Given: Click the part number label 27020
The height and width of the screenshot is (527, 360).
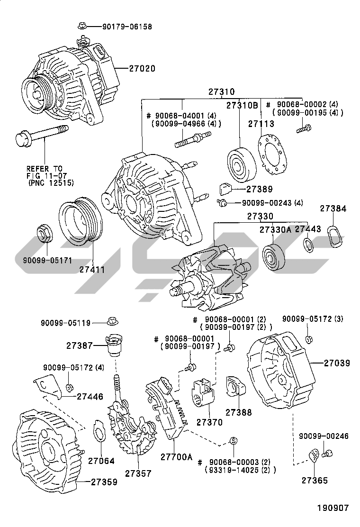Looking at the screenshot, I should click(x=142, y=68).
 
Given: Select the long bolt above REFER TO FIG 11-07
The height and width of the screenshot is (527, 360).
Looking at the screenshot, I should click(x=42, y=135).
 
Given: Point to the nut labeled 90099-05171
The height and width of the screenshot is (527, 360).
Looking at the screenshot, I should click(x=45, y=234).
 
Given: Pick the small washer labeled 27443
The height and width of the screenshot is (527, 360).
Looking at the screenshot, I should click(x=308, y=245).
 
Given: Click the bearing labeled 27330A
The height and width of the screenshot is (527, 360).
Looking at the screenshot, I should click(x=274, y=259).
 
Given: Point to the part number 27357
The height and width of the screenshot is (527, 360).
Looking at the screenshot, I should click(x=138, y=473).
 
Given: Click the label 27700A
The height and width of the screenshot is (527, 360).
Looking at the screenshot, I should click(x=176, y=457).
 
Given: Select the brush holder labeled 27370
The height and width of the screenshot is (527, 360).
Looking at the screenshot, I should click(x=204, y=393).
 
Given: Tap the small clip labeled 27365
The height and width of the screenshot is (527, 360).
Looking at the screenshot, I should click(x=313, y=456).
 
